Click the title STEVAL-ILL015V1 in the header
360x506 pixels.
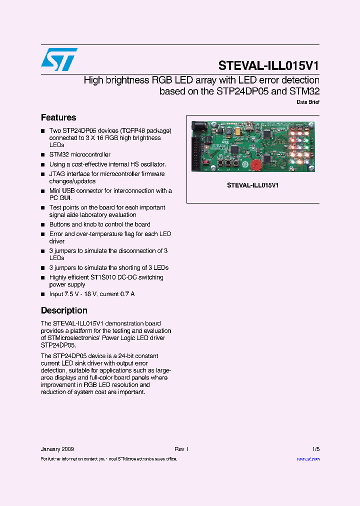[x=268, y=66]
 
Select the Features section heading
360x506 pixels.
[x=58, y=117]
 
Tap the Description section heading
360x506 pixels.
[x=64, y=310]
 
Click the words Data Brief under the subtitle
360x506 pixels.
[x=308, y=102]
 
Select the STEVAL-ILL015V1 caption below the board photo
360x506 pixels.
[x=252, y=185]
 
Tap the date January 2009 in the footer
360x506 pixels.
[x=57, y=449]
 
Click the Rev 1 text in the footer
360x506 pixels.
[x=181, y=449]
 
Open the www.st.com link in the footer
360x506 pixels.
[x=308, y=458]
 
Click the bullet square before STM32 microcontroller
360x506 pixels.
[x=43, y=155]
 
